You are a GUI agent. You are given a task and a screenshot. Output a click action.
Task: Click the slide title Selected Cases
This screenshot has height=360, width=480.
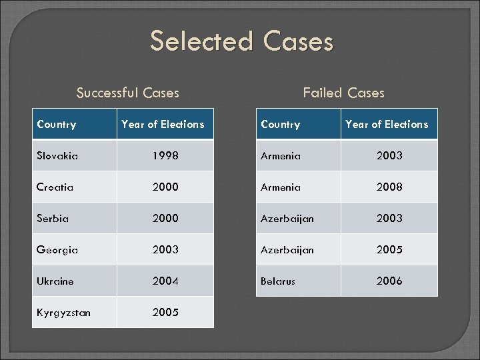241,41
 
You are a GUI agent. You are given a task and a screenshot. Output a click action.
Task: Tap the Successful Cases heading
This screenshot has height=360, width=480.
127,93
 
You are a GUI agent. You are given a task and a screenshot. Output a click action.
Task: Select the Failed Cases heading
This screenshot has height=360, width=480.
343,93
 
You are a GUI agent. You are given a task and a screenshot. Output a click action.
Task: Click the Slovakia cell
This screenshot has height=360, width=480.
57,156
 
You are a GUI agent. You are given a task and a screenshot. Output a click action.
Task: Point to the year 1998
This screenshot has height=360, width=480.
165,156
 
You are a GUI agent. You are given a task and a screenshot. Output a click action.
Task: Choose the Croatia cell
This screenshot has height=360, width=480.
55,187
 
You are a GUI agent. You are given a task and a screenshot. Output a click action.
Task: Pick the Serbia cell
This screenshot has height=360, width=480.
53,218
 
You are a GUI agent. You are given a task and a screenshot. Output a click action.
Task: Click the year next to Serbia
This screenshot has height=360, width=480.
165,218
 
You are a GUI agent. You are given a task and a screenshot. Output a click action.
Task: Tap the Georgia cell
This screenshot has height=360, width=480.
57,250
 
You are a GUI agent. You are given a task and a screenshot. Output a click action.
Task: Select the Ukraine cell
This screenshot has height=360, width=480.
55,281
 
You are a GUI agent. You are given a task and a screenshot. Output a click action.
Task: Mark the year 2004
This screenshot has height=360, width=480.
165,281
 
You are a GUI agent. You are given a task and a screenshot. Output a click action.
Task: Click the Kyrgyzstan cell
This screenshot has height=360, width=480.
64,313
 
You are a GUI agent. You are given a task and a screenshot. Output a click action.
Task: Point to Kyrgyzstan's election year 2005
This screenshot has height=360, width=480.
165,312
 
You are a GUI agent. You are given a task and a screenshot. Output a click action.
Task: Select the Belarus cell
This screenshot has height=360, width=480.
278,281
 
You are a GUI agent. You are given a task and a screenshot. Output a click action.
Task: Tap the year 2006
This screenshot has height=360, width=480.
389,281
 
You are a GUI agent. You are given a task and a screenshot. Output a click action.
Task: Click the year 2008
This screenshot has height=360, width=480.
389,187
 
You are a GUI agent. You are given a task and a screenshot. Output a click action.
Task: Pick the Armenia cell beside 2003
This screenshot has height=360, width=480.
281,156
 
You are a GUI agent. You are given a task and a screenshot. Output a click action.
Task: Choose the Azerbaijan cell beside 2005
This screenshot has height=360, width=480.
287,250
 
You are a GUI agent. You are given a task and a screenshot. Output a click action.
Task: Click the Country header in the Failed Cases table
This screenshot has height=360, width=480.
281,125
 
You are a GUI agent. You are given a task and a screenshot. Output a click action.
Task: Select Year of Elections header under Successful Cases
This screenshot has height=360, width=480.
163,125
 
